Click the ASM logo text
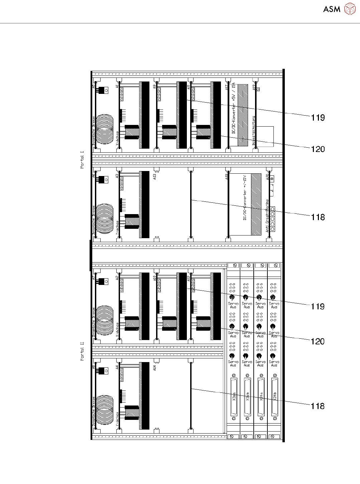point(332,9)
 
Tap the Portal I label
point(82,160)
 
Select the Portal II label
point(82,351)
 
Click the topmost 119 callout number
point(318,118)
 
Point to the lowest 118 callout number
point(318,406)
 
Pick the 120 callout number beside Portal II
point(318,341)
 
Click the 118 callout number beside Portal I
point(318,217)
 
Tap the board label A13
point(155,177)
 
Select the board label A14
point(155,368)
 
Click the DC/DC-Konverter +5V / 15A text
point(234,109)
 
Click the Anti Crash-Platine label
point(267,216)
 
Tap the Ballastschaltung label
point(254,130)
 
